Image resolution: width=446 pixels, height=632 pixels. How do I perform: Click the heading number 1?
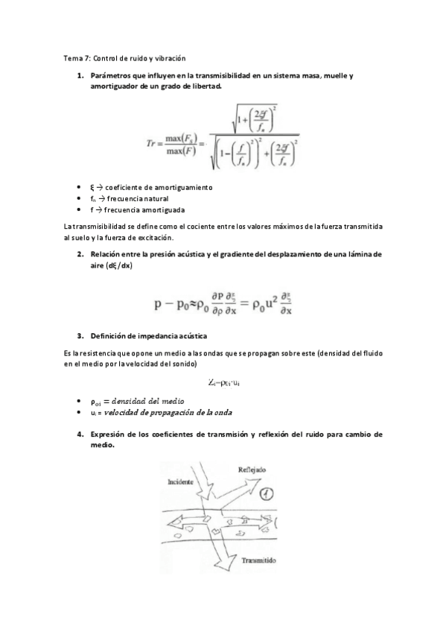tap(80, 76)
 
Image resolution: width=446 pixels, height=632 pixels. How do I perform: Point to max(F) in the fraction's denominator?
tap(179, 148)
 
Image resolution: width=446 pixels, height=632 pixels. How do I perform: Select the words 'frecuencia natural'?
tap(137, 199)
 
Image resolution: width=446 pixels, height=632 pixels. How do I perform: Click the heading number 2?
tap(80, 254)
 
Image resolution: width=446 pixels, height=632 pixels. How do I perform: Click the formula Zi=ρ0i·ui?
tap(224, 382)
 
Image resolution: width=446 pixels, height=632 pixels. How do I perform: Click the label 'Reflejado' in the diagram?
tap(252, 470)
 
